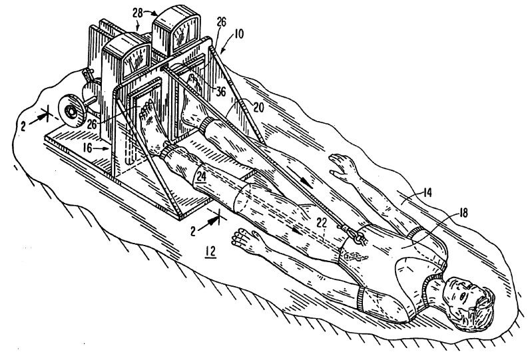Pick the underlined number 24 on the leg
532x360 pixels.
coord(201,176)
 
